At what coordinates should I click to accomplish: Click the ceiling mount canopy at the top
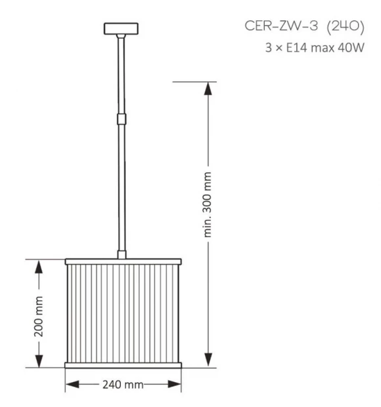tap(121, 29)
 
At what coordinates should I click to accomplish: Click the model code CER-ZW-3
tap(281, 26)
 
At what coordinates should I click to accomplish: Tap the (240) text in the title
tap(346, 27)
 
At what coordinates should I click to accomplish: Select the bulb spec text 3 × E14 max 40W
tap(315, 48)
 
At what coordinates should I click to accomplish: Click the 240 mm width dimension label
tap(123, 385)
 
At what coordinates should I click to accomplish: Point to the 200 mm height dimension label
tap(39, 317)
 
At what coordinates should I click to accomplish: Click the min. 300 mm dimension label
tap(207, 204)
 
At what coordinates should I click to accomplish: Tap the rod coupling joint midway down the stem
tap(122, 119)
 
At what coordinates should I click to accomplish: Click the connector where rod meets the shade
tap(122, 255)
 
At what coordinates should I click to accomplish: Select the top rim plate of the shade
tap(123, 262)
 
